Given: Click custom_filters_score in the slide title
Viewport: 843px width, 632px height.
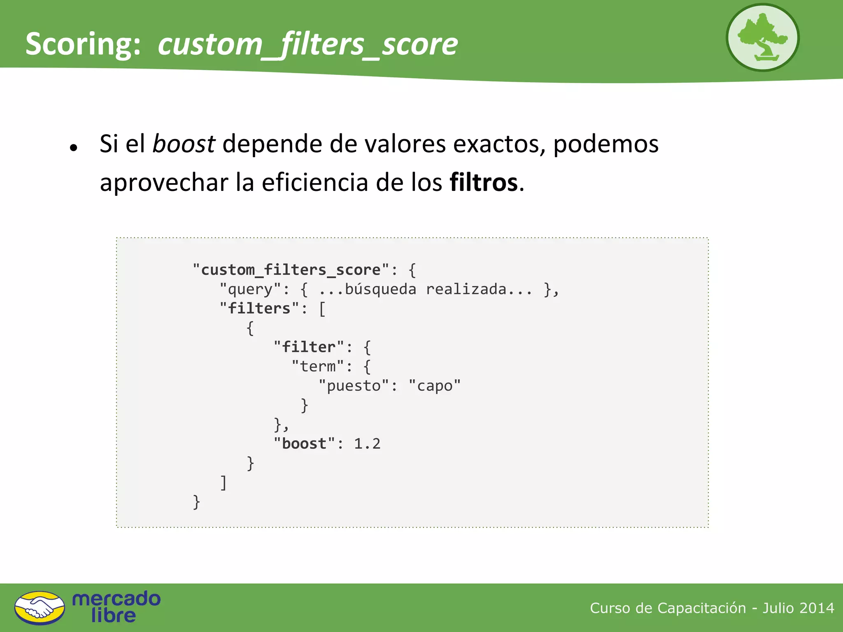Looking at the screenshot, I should tap(307, 44).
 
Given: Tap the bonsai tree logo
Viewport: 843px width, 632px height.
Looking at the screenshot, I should tap(762, 38).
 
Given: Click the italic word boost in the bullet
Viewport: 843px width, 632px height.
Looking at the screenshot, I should tap(184, 144).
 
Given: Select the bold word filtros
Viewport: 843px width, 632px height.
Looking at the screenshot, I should tap(484, 182).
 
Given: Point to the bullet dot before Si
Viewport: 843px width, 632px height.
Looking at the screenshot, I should tap(74, 148).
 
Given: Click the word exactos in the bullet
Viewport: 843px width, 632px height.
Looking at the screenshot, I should tap(499, 144).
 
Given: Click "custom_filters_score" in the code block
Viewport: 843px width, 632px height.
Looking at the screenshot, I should tap(291, 270).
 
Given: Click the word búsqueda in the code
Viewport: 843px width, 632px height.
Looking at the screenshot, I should tap(380, 289).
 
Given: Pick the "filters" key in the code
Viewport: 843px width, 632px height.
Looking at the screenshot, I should tap(259, 309).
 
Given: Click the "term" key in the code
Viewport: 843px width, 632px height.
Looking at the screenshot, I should tap(317, 366).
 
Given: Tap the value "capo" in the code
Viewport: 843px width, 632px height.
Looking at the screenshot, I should tap(435, 386).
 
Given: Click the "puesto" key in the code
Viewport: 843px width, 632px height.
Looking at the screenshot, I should tap(354, 386).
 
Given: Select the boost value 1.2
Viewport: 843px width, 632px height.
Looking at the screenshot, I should tap(367, 444).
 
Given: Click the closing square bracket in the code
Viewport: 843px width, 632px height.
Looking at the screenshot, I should tap(224, 483).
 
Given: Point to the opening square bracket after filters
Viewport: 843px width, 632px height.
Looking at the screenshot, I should tap(322, 309).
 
